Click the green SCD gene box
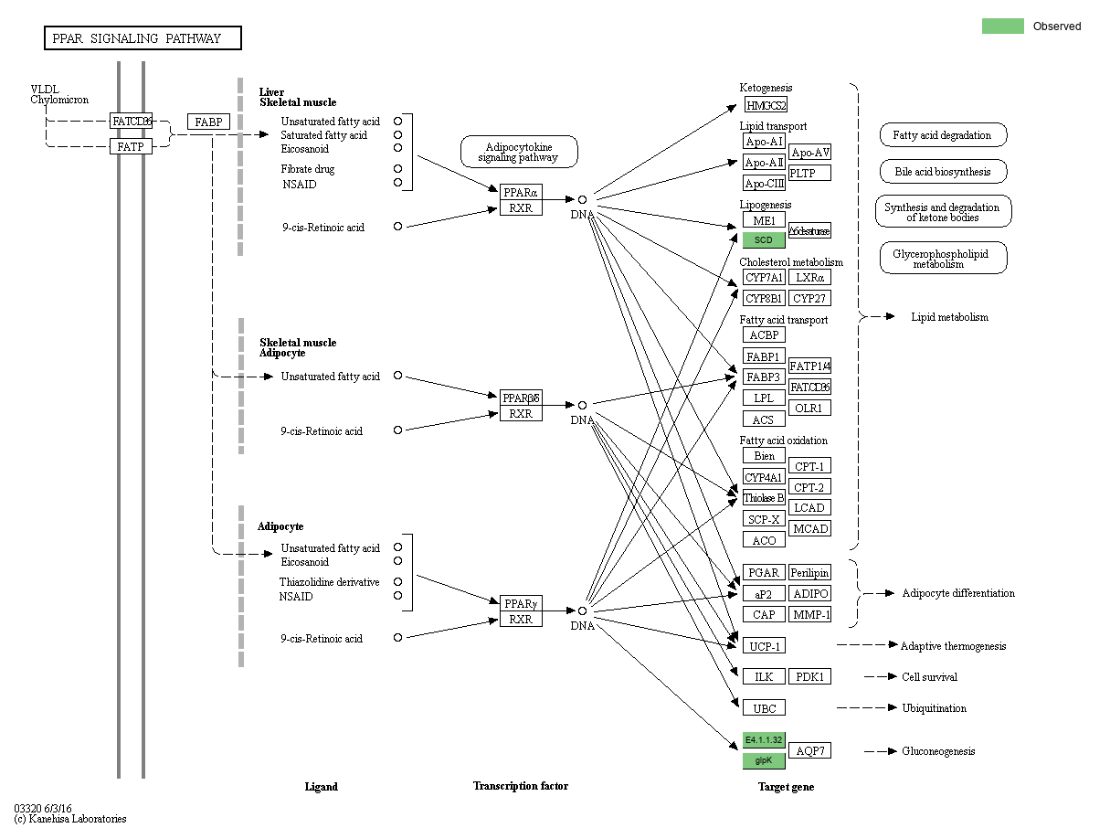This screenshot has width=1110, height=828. tap(764, 240)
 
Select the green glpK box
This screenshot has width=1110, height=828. tap(764, 760)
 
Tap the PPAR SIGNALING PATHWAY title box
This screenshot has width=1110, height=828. tap(143, 38)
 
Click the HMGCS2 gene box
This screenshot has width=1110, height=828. tap(766, 105)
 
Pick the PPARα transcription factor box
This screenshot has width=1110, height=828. tap(521, 192)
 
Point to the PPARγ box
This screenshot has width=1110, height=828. tap(521, 603)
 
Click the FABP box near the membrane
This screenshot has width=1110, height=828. tap(208, 122)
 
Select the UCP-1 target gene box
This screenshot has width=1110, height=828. tap(764, 646)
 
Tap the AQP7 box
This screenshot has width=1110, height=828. tap(809, 750)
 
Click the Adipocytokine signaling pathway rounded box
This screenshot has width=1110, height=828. tap(519, 152)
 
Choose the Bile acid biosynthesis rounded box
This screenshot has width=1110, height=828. tap(943, 171)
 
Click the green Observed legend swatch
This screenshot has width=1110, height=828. tap(1002, 27)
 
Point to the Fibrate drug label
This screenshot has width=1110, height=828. tap(308, 169)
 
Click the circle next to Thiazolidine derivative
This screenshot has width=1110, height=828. tap(397, 582)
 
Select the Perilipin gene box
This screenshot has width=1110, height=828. tap(809, 572)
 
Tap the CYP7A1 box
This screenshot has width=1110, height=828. tap(764, 277)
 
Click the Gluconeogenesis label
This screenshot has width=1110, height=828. tap(938, 751)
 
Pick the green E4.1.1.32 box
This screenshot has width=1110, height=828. tap(764, 739)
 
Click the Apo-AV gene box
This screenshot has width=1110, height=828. tap(809, 153)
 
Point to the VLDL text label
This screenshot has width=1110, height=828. tap(44, 90)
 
